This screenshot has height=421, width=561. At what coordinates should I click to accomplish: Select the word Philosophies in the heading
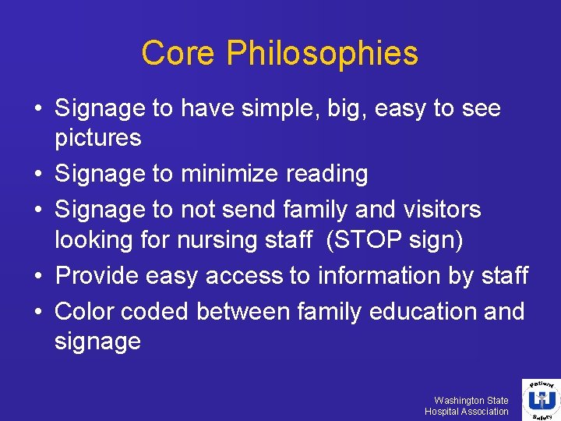click(x=323, y=54)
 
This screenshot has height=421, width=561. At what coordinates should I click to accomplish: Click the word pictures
click(x=97, y=138)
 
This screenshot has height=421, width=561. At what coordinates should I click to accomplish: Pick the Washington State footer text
click(x=471, y=400)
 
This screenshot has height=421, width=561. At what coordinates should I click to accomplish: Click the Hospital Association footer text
click(x=466, y=411)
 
